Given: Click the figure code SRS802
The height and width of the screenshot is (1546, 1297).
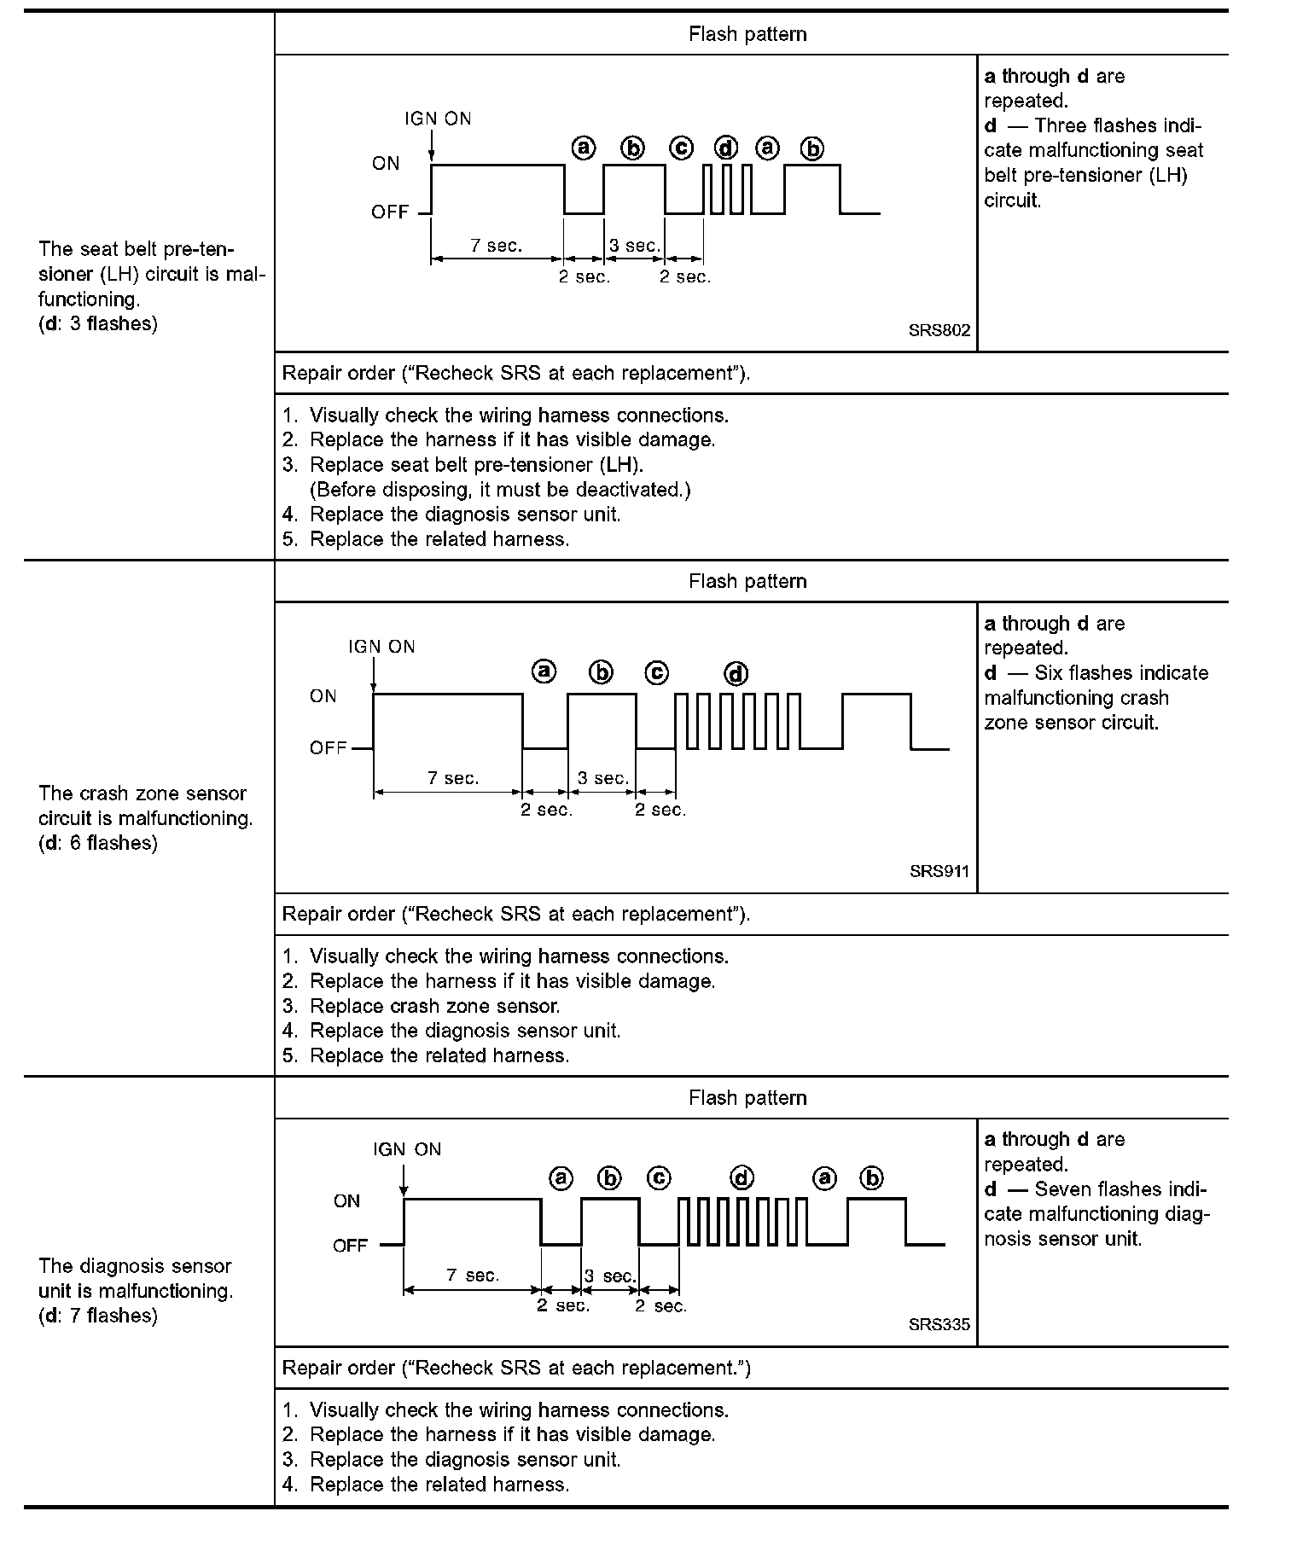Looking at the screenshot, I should click(x=939, y=331).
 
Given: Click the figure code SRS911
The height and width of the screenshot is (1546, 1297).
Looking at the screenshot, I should click(x=939, y=872).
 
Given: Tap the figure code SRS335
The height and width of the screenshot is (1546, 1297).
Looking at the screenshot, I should click(x=939, y=1325).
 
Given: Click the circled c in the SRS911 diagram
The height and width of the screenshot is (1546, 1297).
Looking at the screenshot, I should click(x=656, y=672).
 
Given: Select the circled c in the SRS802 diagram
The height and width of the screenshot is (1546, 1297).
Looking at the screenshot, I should click(x=681, y=148).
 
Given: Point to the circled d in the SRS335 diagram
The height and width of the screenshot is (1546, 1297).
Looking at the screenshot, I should click(x=742, y=1178).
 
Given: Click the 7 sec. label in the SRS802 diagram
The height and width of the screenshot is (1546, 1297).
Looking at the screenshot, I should click(x=496, y=246).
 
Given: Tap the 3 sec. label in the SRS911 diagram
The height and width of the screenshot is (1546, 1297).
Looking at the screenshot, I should click(x=602, y=778).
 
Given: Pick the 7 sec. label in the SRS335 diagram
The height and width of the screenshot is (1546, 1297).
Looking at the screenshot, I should click(x=472, y=1275).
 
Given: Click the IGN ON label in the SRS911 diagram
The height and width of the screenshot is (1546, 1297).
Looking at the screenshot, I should click(x=381, y=647).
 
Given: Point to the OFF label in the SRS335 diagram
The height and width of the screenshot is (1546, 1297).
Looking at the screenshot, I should click(x=350, y=1246).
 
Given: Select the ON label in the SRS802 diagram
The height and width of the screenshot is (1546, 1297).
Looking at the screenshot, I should click(x=386, y=163).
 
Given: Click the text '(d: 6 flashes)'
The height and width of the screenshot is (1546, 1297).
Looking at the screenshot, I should click(x=98, y=843).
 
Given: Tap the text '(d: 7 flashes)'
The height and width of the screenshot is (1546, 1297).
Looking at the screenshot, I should click(x=98, y=1316).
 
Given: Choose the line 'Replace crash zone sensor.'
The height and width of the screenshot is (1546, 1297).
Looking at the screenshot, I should click(x=434, y=1006).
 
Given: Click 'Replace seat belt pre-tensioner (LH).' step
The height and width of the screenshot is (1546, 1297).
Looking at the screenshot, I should click(x=476, y=465).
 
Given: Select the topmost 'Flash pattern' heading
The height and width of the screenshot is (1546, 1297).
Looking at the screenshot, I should click(x=747, y=34).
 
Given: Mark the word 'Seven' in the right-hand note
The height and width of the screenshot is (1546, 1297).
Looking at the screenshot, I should click(x=1062, y=1189).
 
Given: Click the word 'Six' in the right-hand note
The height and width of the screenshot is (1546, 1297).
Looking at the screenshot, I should click(x=1049, y=673).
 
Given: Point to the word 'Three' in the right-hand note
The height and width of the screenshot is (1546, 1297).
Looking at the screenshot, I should click(x=1061, y=126).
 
